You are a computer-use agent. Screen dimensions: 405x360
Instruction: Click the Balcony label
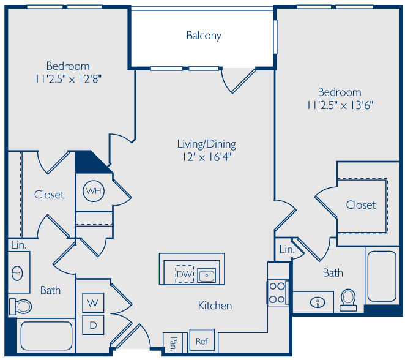204,36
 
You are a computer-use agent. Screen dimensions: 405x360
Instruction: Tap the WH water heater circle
94,191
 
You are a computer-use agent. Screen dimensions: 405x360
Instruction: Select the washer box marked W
93,302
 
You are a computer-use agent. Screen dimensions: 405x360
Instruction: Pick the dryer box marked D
93,325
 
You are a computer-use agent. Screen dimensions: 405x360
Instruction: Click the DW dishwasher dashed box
184,274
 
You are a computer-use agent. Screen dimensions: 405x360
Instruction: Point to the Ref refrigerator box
202,341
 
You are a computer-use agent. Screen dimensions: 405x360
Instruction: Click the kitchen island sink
206,276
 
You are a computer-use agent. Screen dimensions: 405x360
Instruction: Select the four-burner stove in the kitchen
277,293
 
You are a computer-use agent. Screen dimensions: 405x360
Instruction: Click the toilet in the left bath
20,307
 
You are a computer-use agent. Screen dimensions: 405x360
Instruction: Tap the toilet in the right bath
348,300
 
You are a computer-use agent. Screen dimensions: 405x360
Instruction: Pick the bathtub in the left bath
46,336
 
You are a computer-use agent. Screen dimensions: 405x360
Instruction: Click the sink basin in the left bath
17,273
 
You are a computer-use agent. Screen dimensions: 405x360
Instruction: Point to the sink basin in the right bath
318,302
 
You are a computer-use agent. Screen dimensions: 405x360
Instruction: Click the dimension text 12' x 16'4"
207,157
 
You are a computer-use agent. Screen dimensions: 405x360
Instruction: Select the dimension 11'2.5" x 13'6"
340,105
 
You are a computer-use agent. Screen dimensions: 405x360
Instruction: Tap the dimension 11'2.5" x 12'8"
68,79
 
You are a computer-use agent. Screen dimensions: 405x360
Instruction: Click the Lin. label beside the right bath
287,249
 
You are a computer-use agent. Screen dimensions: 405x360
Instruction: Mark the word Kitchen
215,306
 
